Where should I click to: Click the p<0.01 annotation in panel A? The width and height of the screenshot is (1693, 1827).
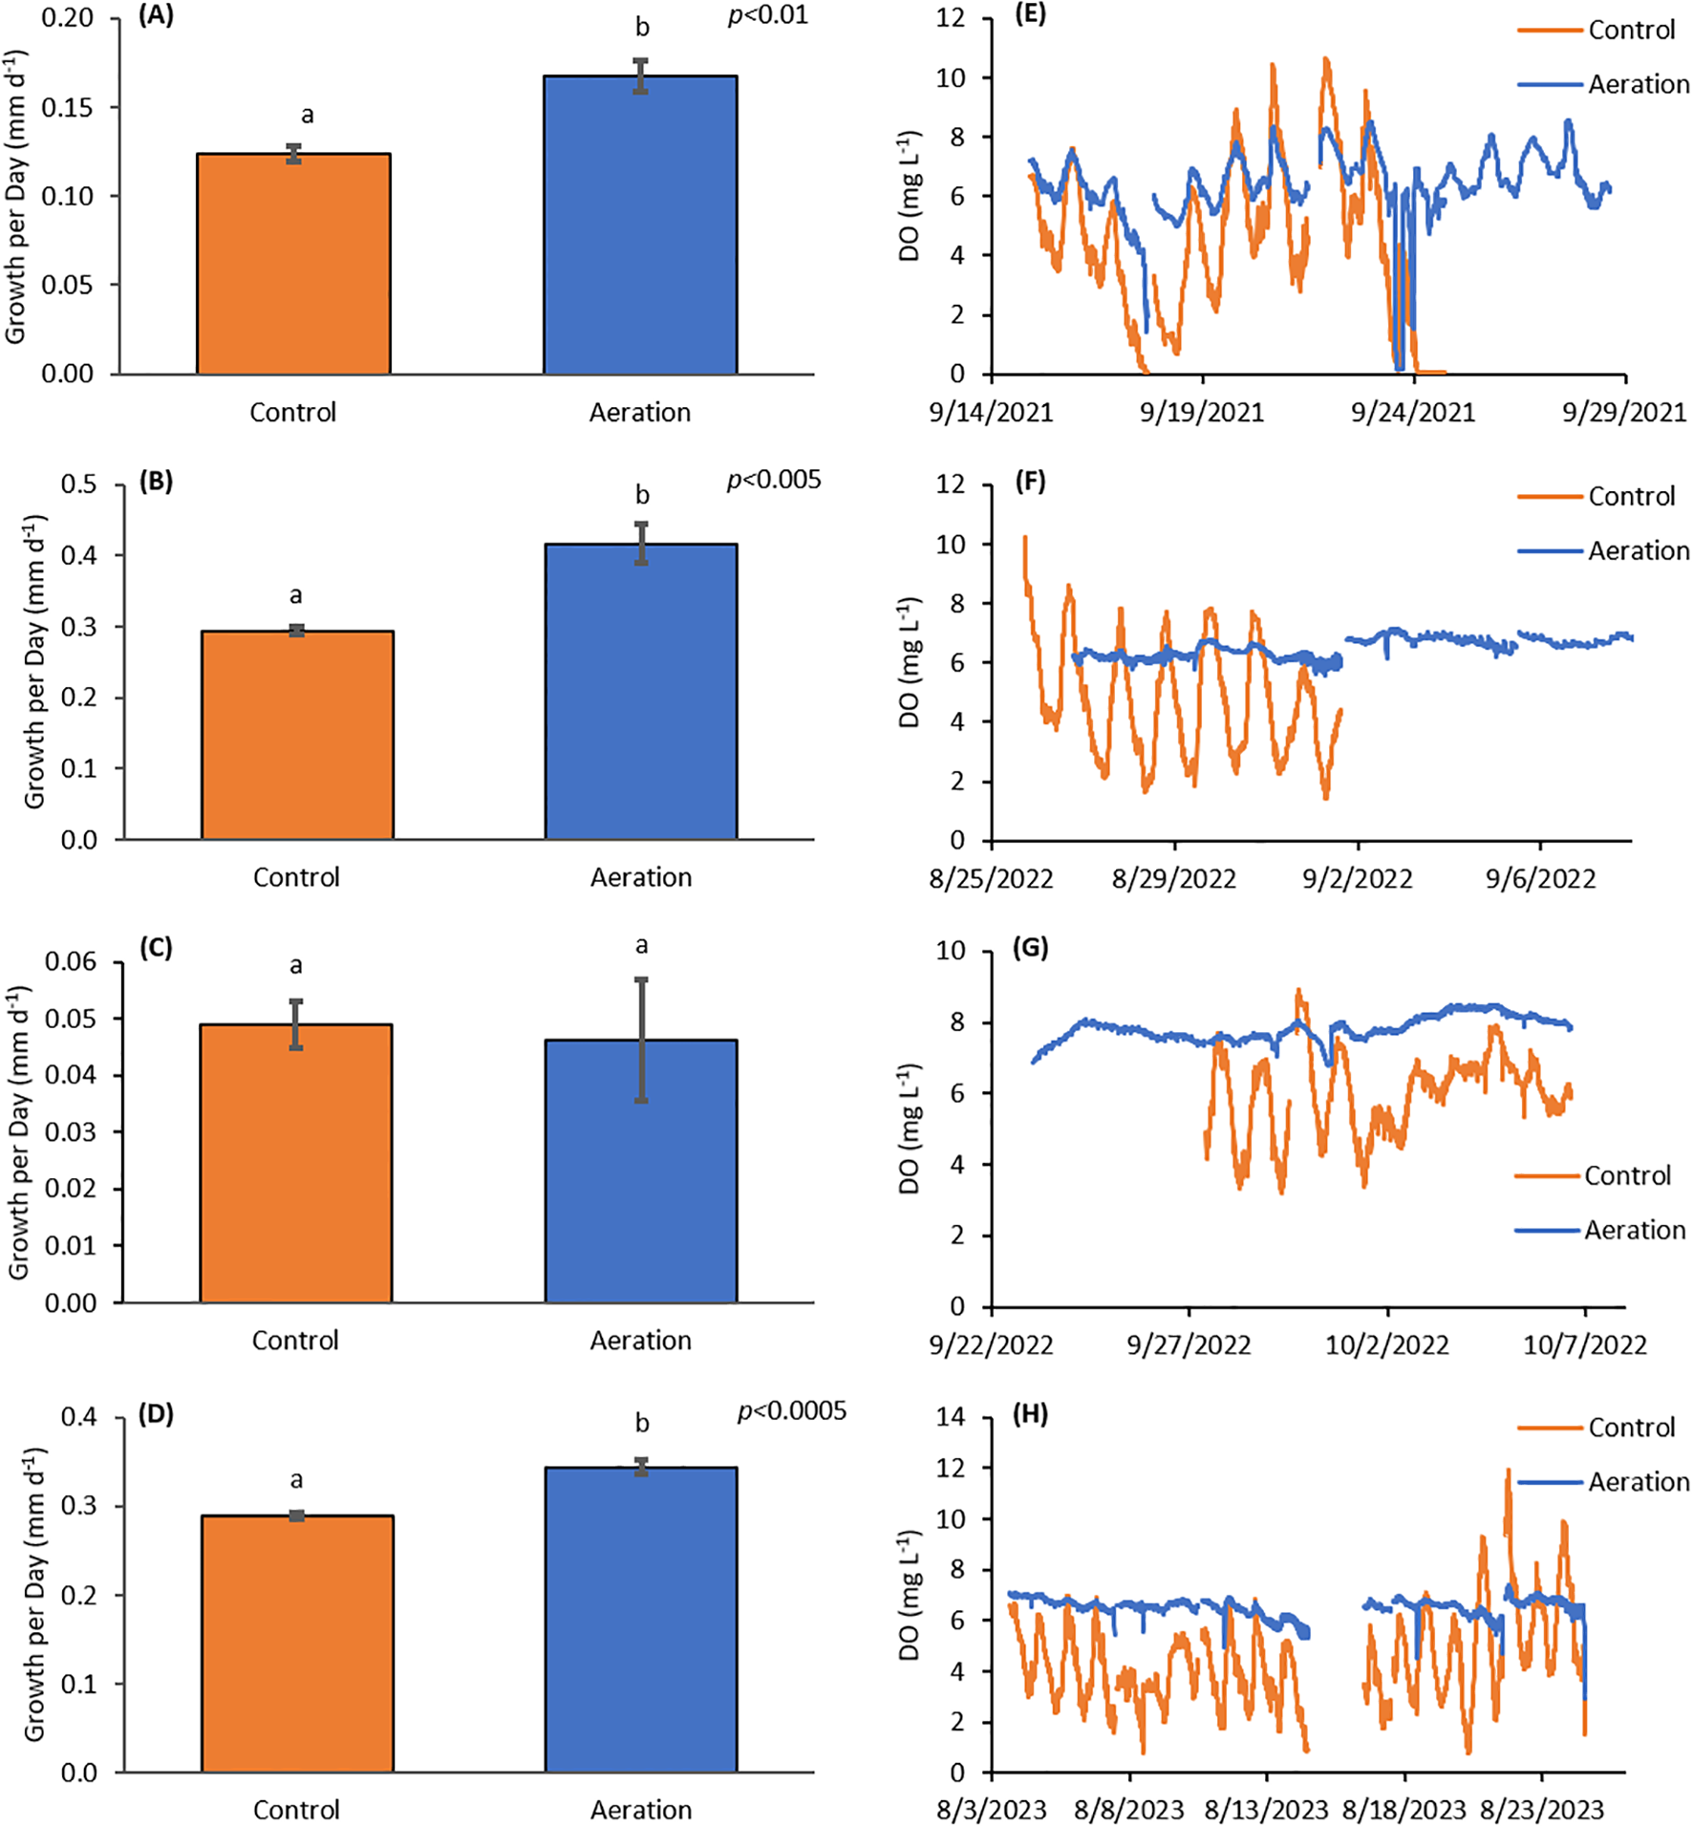pyautogui.click(x=767, y=16)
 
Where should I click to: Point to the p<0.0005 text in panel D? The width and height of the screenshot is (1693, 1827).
pyautogui.click(x=791, y=1411)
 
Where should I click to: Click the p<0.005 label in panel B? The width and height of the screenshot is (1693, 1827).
pyautogui.click(x=773, y=480)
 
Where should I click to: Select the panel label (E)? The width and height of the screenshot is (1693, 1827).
pyautogui.click(x=1030, y=15)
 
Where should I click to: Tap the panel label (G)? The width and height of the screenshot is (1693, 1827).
pyautogui.click(x=1030, y=948)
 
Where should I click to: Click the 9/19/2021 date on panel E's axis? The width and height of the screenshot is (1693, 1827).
pyautogui.click(x=1201, y=413)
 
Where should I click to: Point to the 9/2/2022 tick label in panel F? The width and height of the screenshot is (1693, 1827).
pyautogui.click(x=1357, y=879)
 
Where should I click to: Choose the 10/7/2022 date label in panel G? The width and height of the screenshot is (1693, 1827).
pyautogui.click(x=1584, y=1345)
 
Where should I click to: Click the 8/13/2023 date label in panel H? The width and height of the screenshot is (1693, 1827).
pyautogui.click(x=1266, y=1810)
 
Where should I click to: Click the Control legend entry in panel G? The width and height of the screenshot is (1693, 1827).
pyautogui.click(x=1627, y=1175)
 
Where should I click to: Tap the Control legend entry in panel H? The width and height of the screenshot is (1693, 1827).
pyautogui.click(x=1631, y=1428)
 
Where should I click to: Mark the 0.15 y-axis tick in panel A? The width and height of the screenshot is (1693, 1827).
pyautogui.click(x=67, y=107)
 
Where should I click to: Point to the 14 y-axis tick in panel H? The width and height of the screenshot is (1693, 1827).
pyautogui.click(x=950, y=1417)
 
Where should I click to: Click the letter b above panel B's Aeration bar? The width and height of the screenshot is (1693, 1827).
pyautogui.click(x=642, y=495)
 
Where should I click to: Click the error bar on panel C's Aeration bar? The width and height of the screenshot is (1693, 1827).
pyautogui.click(x=641, y=1040)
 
